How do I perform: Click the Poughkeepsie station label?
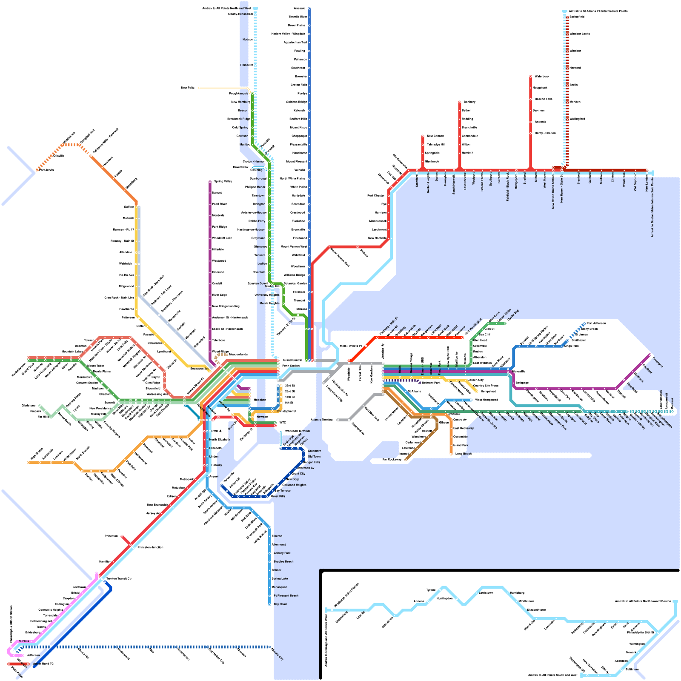point(238,94)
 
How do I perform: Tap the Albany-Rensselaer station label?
point(240,14)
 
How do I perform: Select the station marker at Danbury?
point(460,102)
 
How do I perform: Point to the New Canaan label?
point(435,136)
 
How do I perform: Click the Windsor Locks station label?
point(579,34)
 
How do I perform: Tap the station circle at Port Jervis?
point(37,170)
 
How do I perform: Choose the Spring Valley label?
point(223,182)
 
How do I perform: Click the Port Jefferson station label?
point(596,323)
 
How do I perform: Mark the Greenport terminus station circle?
point(650,354)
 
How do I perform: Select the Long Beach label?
point(463,454)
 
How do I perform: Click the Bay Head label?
point(280,604)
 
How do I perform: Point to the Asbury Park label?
point(282,553)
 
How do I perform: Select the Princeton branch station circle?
point(122,536)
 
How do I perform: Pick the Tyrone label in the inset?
point(431,590)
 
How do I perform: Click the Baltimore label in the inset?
point(632,670)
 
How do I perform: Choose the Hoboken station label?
point(260,400)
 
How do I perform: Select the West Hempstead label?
point(486,400)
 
